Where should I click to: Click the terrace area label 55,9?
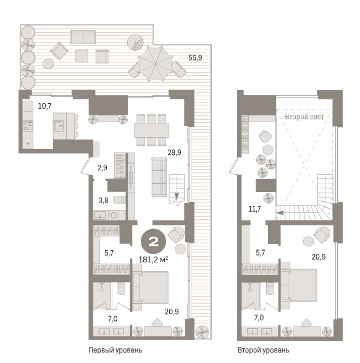click(x=195, y=57)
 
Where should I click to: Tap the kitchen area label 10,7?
click(x=44, y=106)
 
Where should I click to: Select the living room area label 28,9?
click(x=174, y=152)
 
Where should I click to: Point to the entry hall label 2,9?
click(x=103, y=167)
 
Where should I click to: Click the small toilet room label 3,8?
click(x=104, y=200)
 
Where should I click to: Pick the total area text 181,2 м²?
click(x=153, y=260)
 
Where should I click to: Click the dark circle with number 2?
click(x=153, y=242)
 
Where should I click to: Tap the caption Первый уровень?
click(x=115, y=350)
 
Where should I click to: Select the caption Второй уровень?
click(x=263, y=350)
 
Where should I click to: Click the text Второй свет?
click(x=304, y=117)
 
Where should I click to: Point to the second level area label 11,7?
click(x=254, y=209)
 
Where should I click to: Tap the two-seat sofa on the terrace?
click(x=83, y=37)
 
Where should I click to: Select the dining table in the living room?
click(x=151, y=130)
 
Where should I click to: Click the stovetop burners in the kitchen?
click(x=28, y=126)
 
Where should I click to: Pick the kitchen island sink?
click(x=59, y=126)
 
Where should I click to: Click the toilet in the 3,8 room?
click(x=120, y=199)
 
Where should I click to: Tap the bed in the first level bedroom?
click(x=151, y=288)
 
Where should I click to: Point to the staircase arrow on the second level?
click(x=280, y=213)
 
